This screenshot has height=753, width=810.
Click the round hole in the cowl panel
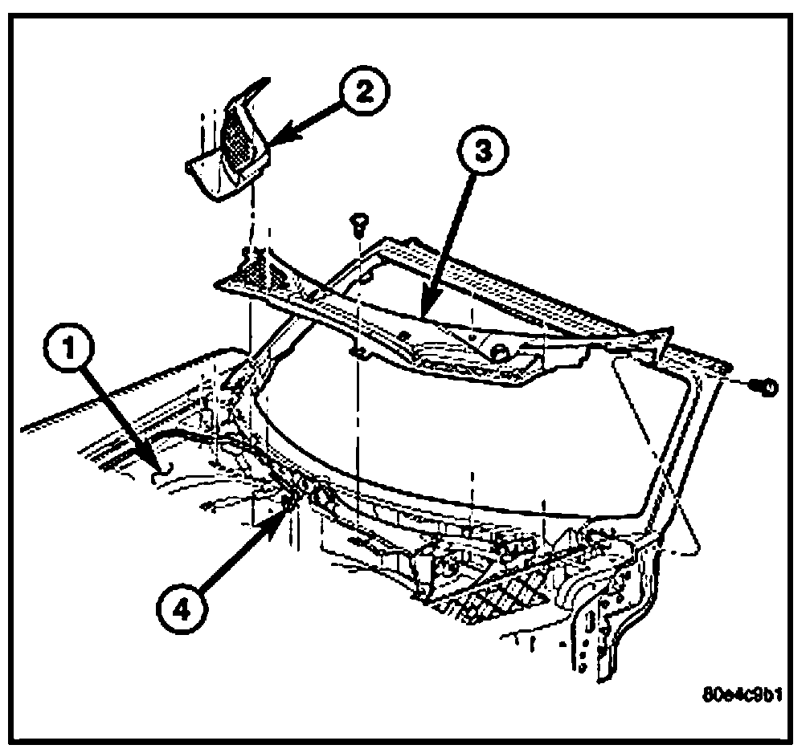pos(497,350)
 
